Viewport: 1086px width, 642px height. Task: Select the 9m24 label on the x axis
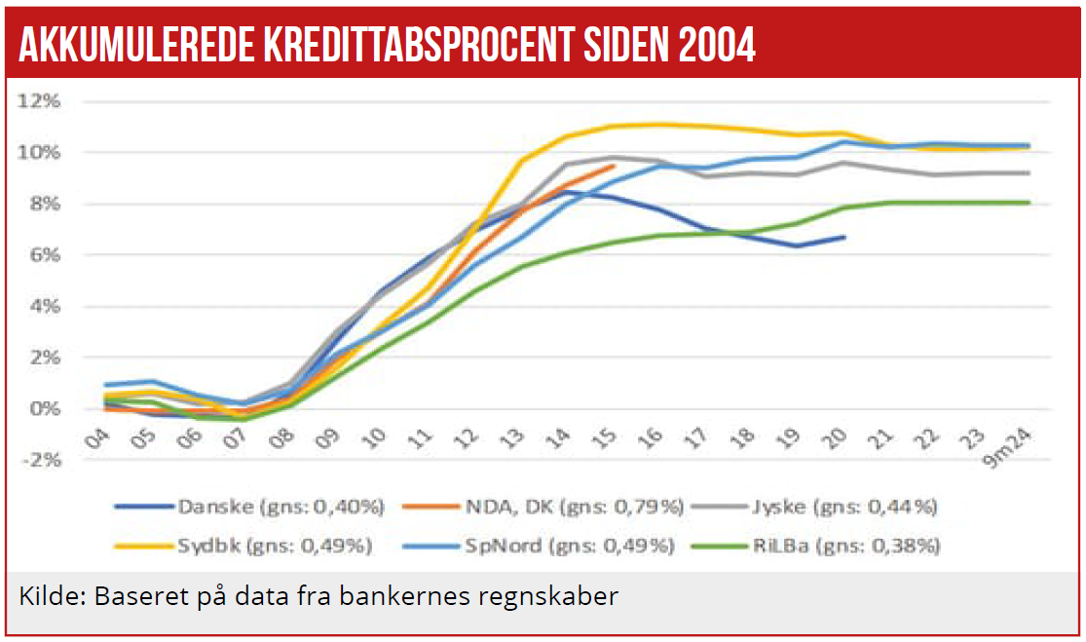1010,445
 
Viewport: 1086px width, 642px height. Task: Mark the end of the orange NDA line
614,166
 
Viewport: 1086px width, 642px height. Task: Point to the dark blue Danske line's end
844,237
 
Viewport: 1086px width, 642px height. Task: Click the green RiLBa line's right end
1029,203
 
